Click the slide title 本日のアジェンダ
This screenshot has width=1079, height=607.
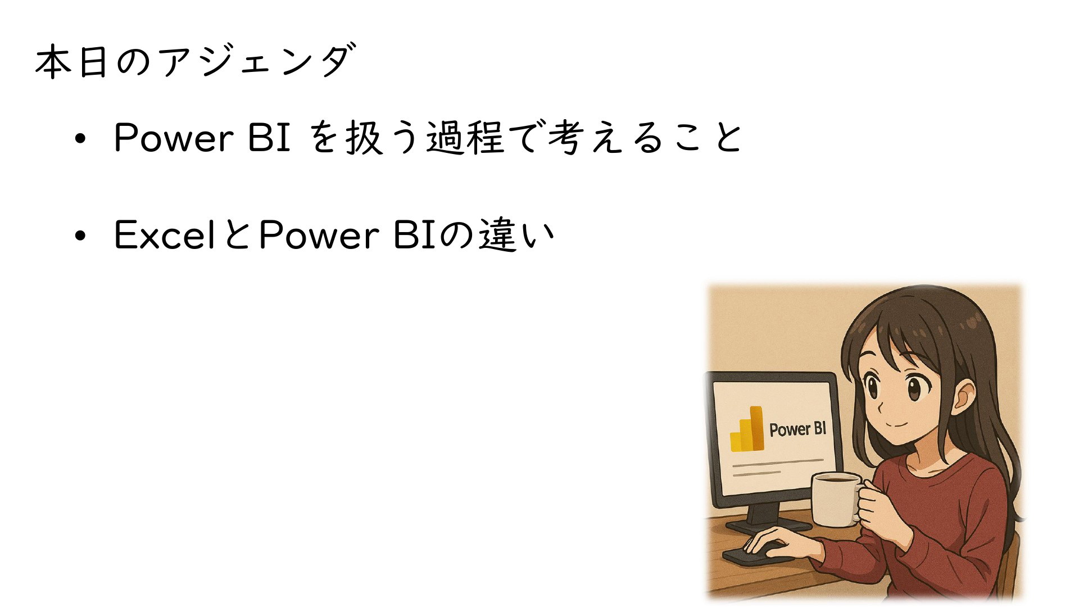click(x=195, y=61)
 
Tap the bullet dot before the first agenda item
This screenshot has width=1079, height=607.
click(x=80, y=139)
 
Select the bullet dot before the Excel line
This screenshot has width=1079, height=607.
click(x=80, y=237)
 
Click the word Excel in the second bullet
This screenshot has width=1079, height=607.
click(x=165, y=235)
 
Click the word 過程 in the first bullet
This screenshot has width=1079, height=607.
click(x=465, y=138)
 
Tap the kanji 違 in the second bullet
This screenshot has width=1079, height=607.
click(x=498, y=235)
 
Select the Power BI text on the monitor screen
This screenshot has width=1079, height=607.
click(x=797, y=429)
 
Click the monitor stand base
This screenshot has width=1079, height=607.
click(x=768, y=527)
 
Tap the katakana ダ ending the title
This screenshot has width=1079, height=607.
click(x=337, y=60)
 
